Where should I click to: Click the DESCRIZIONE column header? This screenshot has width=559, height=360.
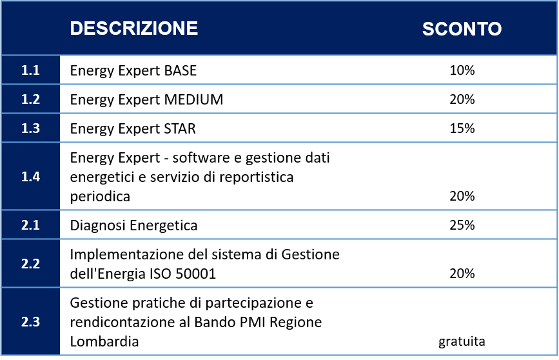133,28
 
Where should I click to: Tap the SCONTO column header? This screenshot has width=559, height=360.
462,28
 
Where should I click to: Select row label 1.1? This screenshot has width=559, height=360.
30,70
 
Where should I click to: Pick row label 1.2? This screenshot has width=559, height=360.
30,99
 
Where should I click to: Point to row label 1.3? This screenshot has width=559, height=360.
30,128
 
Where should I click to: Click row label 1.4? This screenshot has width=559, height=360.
30,177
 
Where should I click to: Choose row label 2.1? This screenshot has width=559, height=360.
30,225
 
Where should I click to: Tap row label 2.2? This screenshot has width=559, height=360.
30,264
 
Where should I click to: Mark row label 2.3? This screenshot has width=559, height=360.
30,322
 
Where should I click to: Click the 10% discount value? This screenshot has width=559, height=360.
462,70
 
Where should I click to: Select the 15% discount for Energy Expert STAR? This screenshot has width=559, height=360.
462,128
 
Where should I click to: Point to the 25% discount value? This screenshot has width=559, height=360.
462,225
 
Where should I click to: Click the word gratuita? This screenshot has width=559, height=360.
462,341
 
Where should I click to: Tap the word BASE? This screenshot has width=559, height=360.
180,70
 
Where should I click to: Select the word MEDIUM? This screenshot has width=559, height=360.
193,99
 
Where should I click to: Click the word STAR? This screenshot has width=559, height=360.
180,128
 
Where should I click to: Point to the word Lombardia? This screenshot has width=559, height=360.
104,341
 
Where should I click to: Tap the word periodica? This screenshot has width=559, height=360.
100,197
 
